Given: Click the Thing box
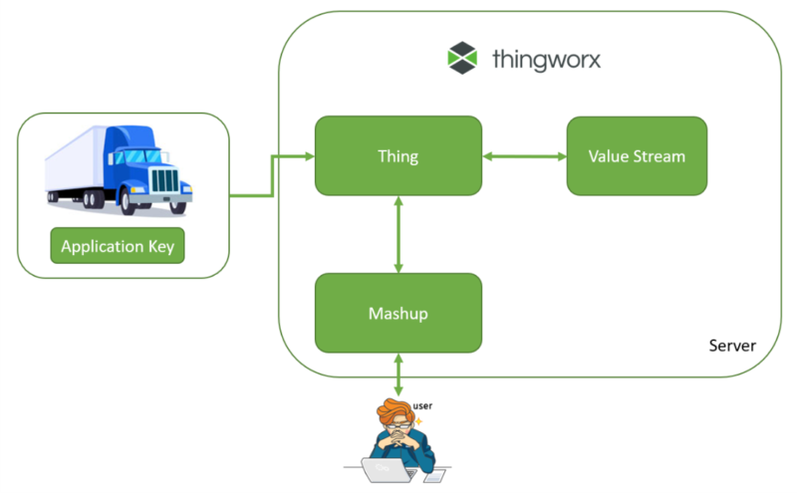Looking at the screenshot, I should coord(398,156).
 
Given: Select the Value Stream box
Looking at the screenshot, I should coord(637,156).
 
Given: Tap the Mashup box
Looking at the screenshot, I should coord(398,313).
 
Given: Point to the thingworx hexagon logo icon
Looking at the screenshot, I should coord(464,58).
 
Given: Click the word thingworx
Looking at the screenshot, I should coord(547,59).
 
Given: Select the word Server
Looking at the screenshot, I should coord(732,346).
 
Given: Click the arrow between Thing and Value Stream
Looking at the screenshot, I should coord(524,156).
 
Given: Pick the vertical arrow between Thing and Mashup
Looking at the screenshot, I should coord(398,234).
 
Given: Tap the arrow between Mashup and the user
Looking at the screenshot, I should coord(398,374).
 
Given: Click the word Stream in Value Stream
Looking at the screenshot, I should coord(660,156).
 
